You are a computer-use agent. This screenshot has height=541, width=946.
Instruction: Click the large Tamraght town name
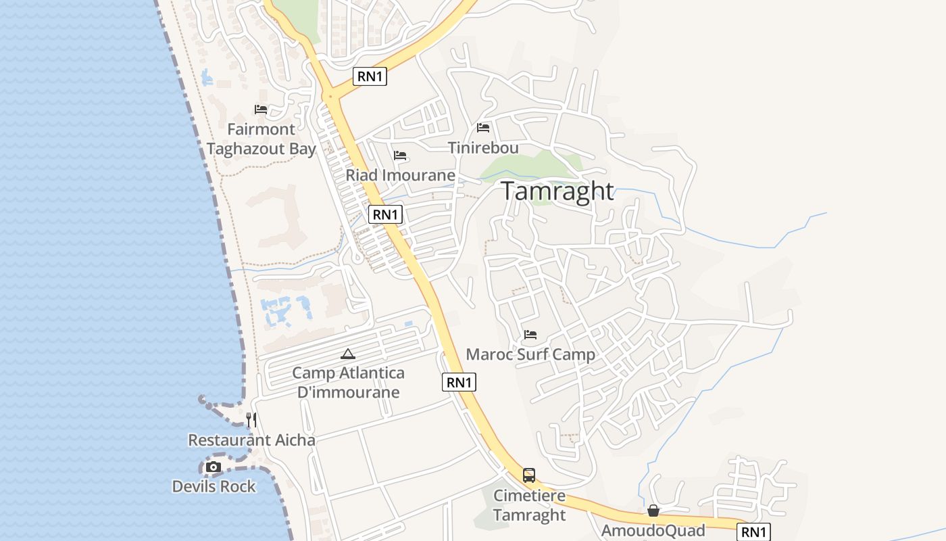557,191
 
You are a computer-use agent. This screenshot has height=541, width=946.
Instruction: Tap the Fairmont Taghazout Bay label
262,139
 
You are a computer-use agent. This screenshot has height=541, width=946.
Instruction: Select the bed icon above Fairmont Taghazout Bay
261,109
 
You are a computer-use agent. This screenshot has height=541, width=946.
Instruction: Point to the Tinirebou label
483,147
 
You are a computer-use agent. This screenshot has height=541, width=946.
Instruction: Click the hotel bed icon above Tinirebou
483,127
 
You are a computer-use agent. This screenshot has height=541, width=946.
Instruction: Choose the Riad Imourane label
401,175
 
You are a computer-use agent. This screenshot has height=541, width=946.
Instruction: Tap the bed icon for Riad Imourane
400,156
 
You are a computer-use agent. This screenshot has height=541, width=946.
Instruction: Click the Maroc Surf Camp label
530,354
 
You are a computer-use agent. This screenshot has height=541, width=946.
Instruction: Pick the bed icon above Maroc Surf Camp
530,334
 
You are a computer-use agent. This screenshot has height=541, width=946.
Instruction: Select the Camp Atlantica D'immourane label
348,382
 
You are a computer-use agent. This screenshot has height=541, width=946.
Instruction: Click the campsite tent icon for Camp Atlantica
348,353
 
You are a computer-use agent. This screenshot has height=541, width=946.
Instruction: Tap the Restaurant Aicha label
251,440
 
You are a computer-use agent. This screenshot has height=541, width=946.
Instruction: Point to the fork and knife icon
251,420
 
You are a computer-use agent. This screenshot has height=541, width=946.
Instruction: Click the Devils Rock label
214,486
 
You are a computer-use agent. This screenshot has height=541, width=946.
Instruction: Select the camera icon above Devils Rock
214,467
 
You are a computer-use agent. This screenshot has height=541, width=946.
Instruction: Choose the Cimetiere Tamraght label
529,505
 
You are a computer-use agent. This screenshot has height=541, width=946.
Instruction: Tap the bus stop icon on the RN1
529,475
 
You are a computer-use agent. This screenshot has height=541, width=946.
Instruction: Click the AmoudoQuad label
653,530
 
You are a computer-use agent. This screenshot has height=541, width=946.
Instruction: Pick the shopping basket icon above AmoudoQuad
653,511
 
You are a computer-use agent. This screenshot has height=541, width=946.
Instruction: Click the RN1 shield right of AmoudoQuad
753,532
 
